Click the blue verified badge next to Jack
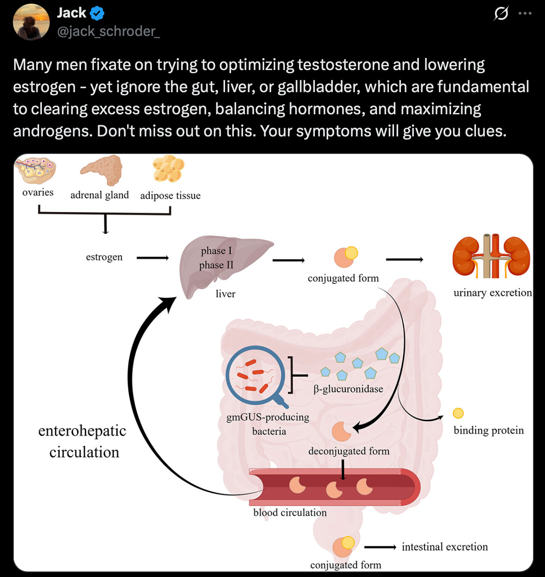pyautogui.click(x=97, y=13)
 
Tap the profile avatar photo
pyautogui.click(x=31, y=22)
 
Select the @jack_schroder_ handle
pyautogui.click(x=108, y=31)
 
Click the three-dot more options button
pyautogui.click(x=525, y=13)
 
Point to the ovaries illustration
pyautogui.click(x=35, y=171)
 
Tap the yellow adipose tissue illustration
pyautogui.click(x=168, y=169)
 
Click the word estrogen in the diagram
pyautogui.click(x=104, y=257)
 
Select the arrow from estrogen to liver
pyautogui.click(x=153, y=258)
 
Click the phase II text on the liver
pyautogui.click(x=216, y=265)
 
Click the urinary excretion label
pyautogui.click(x=492, y=293)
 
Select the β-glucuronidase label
pyautogui.click(x=348, y=389)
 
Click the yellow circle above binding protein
pyautogui.click(x=458, y=413)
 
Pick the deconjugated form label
pyautogui.click(x=348, y=451)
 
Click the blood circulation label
pyautogui.click(x=290, y=512)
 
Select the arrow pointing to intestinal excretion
pyautogui.click(x=380, y=547)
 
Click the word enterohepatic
pyautogui.click(x=82, y=430)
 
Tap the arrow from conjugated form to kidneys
pyautogui.click(x=404, y=259)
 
